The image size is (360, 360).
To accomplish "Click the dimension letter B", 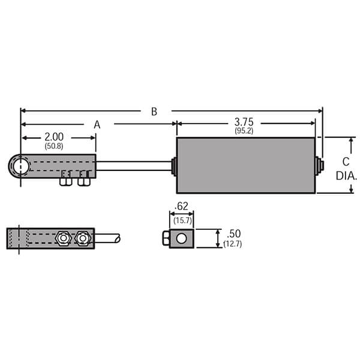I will [154, 111].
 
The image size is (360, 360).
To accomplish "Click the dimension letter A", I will [97, 124].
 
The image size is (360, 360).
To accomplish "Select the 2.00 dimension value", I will [53, 137].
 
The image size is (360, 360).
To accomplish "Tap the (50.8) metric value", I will [53, 146].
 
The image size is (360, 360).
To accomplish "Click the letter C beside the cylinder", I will [345, 161].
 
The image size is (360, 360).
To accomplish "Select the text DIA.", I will [346, 176].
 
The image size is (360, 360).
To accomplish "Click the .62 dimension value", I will [181, 206].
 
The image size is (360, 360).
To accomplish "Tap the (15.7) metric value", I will [182, 220].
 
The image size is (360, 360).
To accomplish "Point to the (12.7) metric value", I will [232, 244].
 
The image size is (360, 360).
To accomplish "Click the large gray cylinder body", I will [245, 166].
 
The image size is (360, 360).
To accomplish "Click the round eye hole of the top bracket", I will [20, 165].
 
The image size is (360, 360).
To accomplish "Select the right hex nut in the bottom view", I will [82, 238].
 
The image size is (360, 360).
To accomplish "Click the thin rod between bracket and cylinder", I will [133, 165].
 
